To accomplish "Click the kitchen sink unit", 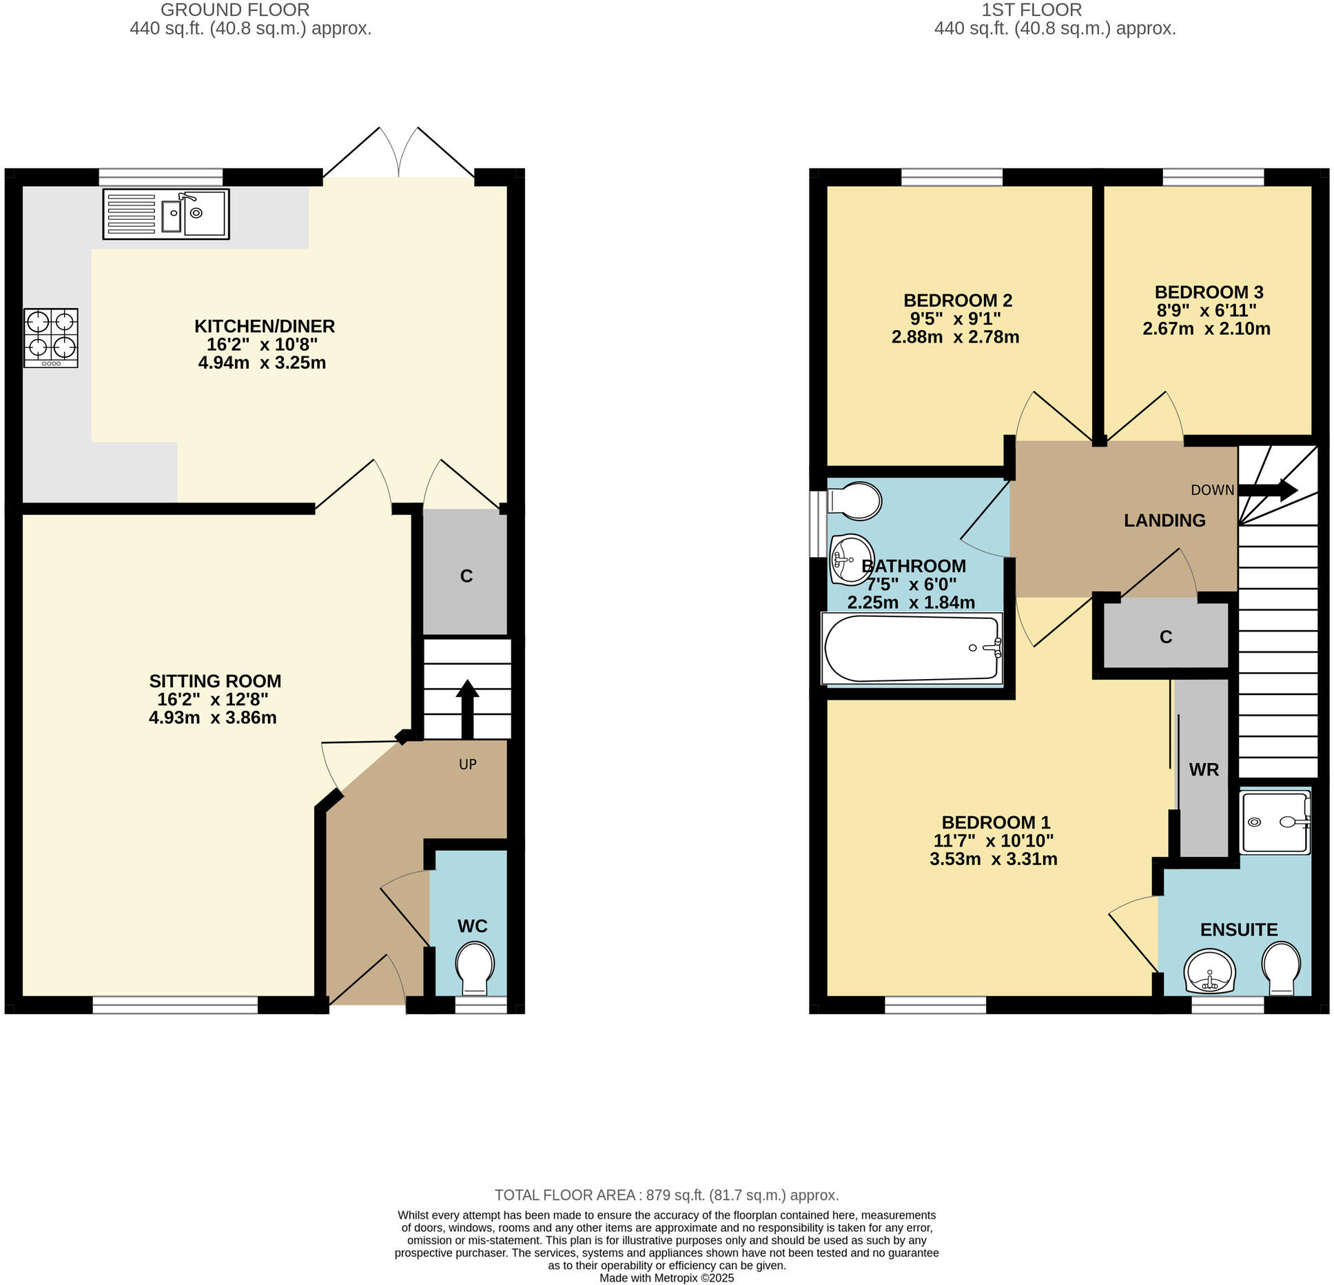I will pos(166,214).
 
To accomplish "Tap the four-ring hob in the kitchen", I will pos(51,338).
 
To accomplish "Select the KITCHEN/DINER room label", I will pos(265,326).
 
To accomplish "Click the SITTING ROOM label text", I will pos(215,681).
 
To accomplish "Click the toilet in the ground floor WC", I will pos(475,969).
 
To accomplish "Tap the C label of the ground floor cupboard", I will pos(466,576).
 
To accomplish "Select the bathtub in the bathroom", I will pos(912,649).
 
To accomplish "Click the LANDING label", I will pos(1164,520).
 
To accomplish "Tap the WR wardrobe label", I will pos(1204,770).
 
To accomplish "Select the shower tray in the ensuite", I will pos(1274,822).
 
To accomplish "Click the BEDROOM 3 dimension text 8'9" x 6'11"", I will pos(1206,311).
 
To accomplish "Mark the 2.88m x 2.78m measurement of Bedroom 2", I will pos(955,337).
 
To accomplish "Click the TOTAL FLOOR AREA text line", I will pos(666,1195).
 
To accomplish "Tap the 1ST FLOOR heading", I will pos(1032,10).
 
